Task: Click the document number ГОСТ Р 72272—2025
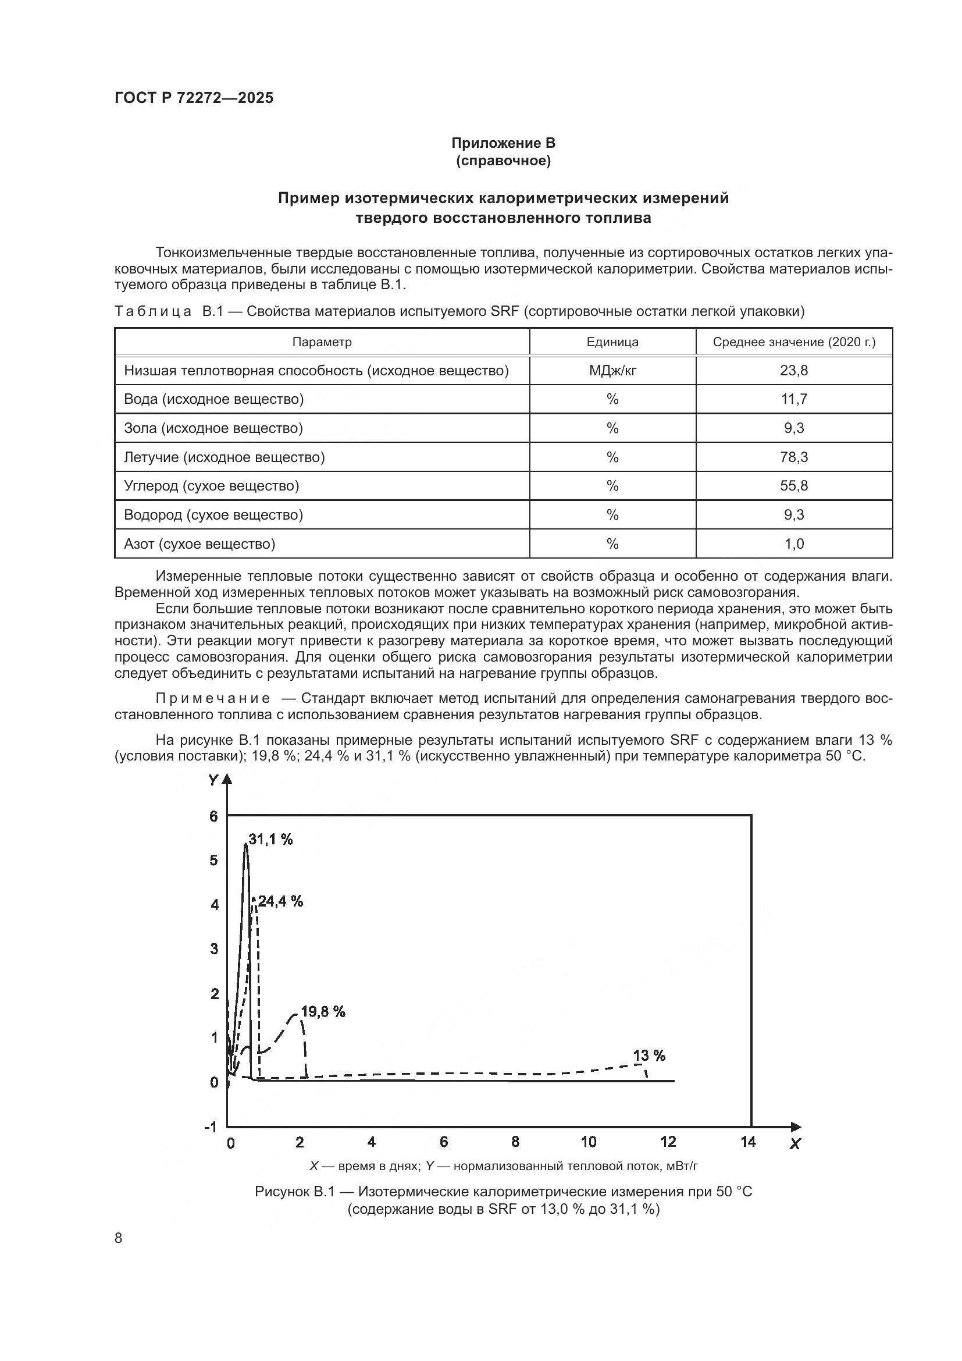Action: [x=194, y=98]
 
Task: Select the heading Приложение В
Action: [x=503, y=143]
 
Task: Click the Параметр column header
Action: [x=322, y=342]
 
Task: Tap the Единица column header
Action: [x=612, y=342]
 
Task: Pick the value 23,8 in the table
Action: [x=794, y=371]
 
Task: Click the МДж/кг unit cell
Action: [x=612, y=371]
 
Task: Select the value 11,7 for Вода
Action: [x=794, y=399]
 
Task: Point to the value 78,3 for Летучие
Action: [x=794, y=457]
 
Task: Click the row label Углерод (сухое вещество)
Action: [x=212, y=486]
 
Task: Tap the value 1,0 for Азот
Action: [x=794, y=543]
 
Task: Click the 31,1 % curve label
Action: [x=270, y=840]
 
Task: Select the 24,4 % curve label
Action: [x=280, y=901]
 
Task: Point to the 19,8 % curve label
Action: [x=323, y=1012]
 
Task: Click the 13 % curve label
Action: [x=649, y=1056]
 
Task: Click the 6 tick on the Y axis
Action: [x=214, y=816]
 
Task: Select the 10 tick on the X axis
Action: [x=588, y=1142]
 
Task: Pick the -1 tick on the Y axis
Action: [x=211, y=1127]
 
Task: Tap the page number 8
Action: [x=119, y=1238]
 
